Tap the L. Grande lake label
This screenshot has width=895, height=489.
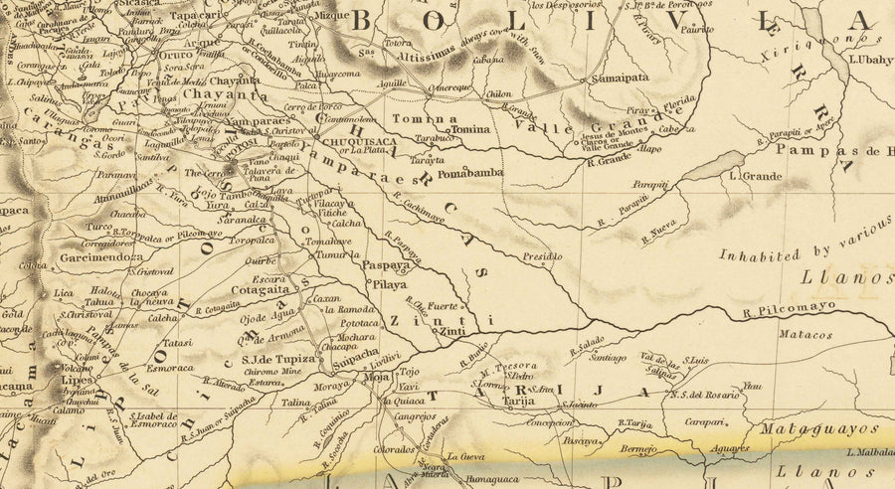(751, 176)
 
